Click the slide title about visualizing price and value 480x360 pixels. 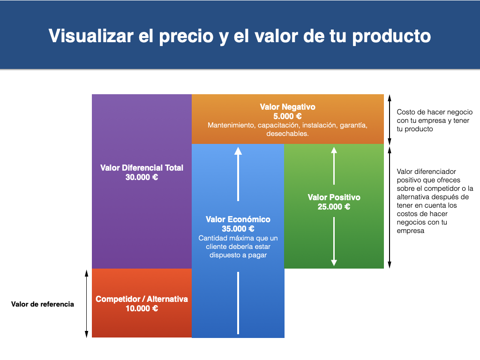[240, 36]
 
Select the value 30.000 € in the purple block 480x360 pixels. [142, 177]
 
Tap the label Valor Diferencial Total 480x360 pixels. [142, 168]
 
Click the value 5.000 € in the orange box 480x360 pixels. [287, 116]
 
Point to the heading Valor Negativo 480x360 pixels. [287, 107]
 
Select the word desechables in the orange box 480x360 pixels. [287, 134]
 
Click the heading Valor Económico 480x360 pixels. [238, 219]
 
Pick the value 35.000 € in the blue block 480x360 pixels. [238, 229]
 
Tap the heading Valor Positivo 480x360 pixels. [334, 197]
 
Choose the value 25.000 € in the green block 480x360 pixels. [334, 207]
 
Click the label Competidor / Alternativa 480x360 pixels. [142, 299]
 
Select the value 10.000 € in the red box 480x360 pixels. [142, 308]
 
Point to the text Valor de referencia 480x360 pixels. [43, 304]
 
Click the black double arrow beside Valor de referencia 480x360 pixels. [87, 304]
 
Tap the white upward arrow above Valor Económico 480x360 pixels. [238, 174]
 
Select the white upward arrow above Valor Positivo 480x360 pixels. [334, 166]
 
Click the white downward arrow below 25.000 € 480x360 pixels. [334, 241]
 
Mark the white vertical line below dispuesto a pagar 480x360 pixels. [238, 303]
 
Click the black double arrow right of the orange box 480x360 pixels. [390, 120]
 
